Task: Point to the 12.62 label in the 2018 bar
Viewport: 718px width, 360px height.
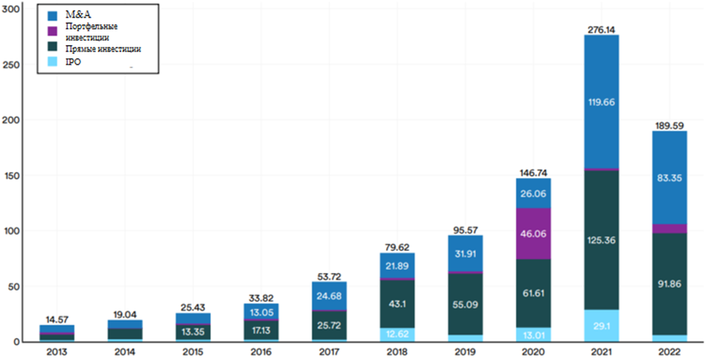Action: (x=398, y=333)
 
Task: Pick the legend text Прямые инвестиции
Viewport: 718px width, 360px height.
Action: (x=103, y=49)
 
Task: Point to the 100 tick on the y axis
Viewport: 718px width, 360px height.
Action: (x=10, y=230)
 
